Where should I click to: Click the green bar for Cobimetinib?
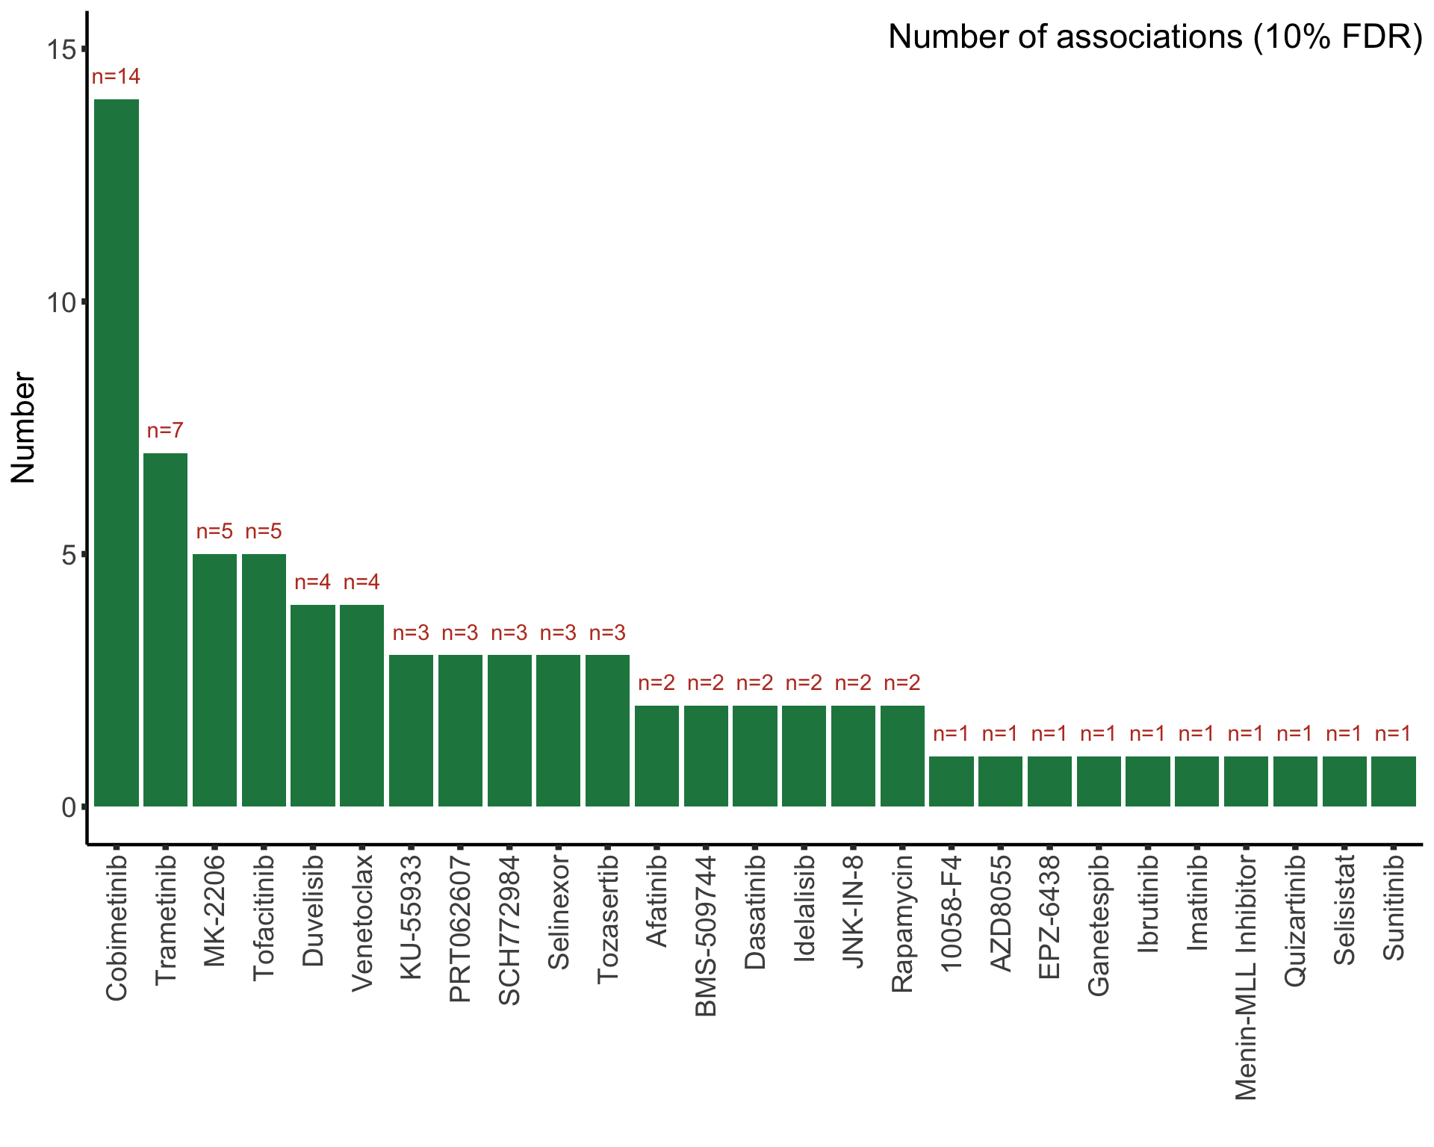[x=117, y=453]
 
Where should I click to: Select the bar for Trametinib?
[x=165, y=630]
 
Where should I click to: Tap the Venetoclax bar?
[x=361, y=705]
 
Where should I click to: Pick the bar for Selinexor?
[x=558, y=730]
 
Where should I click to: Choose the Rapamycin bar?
[x=902, y=756]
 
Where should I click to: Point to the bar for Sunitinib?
[x=1394, y=781]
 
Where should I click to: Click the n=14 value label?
[x=116, y=77]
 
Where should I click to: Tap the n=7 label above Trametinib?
[x=165, y=431]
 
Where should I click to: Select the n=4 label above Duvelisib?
[x=312, y=582]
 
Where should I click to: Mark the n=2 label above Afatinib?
[x=657, y=683]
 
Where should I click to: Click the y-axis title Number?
[x=24, y=428]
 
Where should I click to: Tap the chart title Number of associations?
[x=1155, y=37]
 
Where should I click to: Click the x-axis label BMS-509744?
[x=706, y=936]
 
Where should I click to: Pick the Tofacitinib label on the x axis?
[x=264, y=918]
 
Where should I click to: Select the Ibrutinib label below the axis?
[x=1148, y=904]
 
